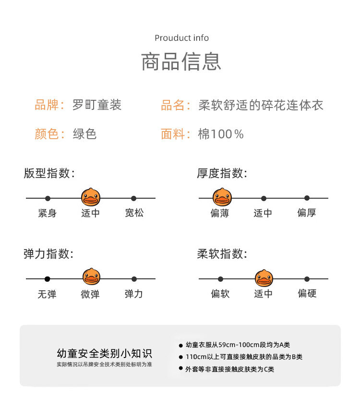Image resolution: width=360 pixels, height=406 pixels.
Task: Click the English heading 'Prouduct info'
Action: pyautogui.click(x=181, y=38)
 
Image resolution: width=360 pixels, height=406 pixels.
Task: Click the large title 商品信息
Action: pyautogui.click(x=181, y=62)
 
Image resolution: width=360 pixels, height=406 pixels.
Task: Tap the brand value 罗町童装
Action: pyautogui.click(x=97, y=105)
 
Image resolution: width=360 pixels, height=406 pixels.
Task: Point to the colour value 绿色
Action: pyautogui.click(x=84, y=134)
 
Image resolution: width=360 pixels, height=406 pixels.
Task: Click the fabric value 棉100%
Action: pyautogui.click(x=221, y=134)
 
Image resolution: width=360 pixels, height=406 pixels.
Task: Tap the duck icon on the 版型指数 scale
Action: pyautogui.click(x=90, y=197)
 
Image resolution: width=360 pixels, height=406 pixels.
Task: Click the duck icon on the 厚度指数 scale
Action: pyautogui.click(x=222, y=197)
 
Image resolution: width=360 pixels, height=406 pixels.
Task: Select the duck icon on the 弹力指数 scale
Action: pyautogui.click(x=91, y=278)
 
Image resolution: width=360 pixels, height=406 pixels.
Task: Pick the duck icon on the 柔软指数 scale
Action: pyautogui.click(x=264, y=278)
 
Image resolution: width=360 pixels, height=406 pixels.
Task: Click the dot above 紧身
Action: pyautogui.click(x=48, y=198)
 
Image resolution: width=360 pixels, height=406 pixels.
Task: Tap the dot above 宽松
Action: pyautogui.click(x=134, y=198)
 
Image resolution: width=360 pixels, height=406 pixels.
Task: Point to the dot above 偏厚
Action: pyautogui.click(x=307, y=198)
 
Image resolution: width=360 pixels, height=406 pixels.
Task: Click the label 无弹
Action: pyautogui.click(x=47, y=294)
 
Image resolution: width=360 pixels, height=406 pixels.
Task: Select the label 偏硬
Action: pyautogui.click(x=307, y=293)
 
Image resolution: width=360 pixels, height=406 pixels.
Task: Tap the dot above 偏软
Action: pyautogui.click(x=220, y=279)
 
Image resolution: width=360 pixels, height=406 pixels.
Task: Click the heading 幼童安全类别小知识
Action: pyautogui.click(x=104, y=354)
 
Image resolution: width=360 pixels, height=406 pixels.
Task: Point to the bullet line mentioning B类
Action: pyautogui.click(x=244, y=357)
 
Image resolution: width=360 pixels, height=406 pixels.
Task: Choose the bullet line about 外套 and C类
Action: pyautogui.click(x=230, y=369)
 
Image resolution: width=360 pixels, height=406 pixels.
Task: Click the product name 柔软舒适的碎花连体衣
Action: pyautogui.click(x=261, y=105)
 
